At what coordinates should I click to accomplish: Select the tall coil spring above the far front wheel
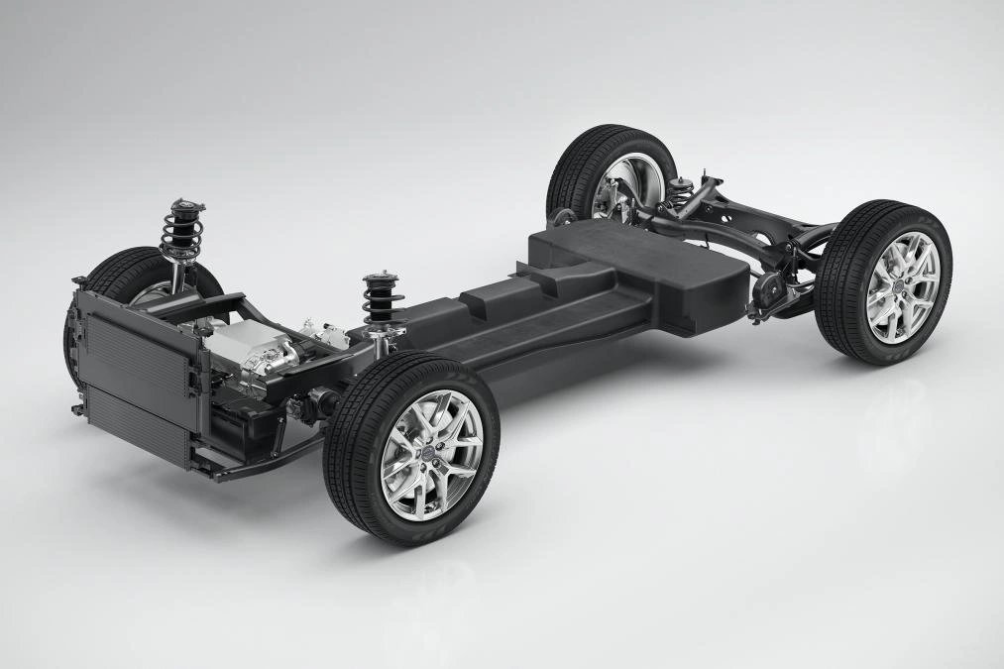[x=184, y=238]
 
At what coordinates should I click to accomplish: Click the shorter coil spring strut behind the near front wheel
[x=377, y=301]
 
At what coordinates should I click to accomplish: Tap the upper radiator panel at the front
[x=139, y=343]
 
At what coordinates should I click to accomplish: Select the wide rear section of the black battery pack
[x=644, y=263]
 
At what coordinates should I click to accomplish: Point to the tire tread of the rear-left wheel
[x=565, y=173]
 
